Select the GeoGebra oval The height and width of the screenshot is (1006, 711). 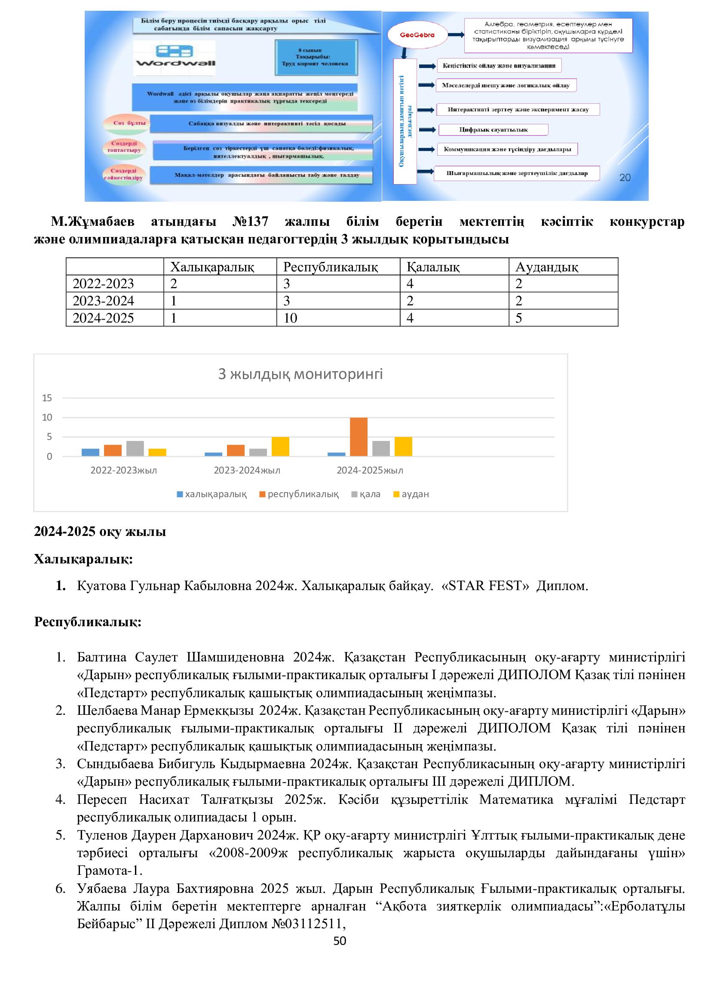pyautogui.click(x=417, y=35)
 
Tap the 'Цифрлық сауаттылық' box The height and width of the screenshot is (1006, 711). pyautogui.click(x=493, y=130)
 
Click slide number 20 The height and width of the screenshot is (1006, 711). pyautogui.click(x=625, y=178)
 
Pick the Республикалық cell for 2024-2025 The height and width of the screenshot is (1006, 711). pyautogui.click(x=290, y=318)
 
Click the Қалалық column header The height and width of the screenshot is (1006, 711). pyautogui.click(x=433, y=267)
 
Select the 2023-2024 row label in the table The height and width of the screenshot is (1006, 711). pyautogui.click(x=103, y=301)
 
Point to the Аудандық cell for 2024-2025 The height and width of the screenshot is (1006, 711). pyautogui.click(x=519, y=318)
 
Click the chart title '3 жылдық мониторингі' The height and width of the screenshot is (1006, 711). pyautogui.click(x=300, y=374)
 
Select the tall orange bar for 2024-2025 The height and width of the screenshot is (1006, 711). pyautogui.click(x=359, y=437)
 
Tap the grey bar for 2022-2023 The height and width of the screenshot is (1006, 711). pyautogui.click(x=135, y=448)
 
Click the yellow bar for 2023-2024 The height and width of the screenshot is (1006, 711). pyautogui.click(x=280, y=446)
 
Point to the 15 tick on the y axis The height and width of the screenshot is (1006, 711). pyautogui.click(x=47, y=398)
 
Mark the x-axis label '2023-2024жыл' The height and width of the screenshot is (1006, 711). pyautogui.click(x=247, y=471)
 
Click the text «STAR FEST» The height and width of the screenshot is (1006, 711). pyautogui.click(x=485, y=586)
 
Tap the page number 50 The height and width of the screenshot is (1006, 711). pyautogui.click(x=340, y=941)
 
